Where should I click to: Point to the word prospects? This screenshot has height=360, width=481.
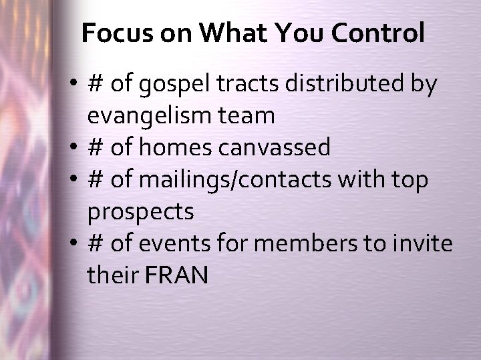[140, 212]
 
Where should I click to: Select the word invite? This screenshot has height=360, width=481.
[424, 243]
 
